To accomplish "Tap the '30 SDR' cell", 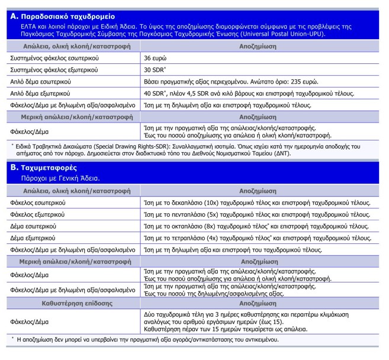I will [x=156, y=70].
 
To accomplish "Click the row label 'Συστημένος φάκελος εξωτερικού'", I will [x=54, y=70].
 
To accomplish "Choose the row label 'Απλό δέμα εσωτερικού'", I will [x=40, y=82].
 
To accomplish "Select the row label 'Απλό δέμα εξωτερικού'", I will [x=40, y=94].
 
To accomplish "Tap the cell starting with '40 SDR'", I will [x=249, y=94].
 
